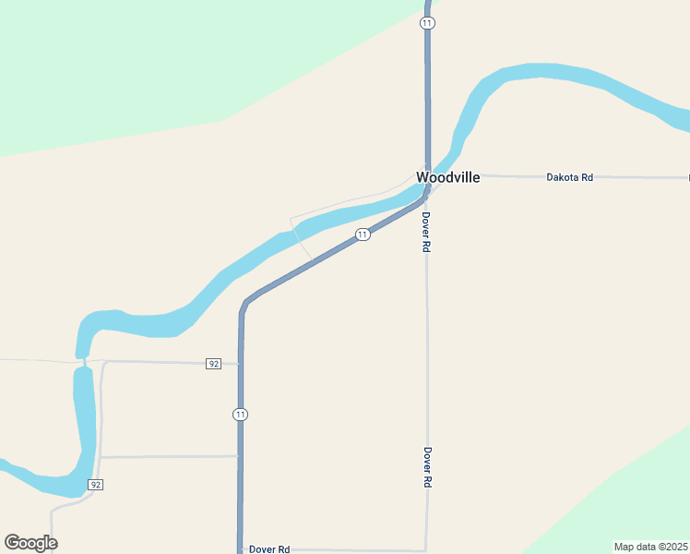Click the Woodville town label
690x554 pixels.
447,177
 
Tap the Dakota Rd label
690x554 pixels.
569,176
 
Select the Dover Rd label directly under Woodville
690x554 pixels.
426,233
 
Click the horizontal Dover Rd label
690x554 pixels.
269,548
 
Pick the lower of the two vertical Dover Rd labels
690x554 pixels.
428,467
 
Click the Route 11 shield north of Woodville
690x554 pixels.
427,22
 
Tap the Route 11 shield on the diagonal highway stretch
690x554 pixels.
363,235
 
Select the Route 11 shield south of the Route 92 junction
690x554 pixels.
240,415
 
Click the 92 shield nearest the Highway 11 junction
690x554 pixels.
214,364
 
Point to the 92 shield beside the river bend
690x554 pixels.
95,485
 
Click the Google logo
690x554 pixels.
30,543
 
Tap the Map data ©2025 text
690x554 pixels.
650,547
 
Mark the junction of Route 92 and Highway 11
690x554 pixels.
241,364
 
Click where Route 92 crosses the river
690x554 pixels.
84,361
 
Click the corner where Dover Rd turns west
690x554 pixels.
426,549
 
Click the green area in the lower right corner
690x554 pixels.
636,499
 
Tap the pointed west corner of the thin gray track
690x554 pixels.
291,219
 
